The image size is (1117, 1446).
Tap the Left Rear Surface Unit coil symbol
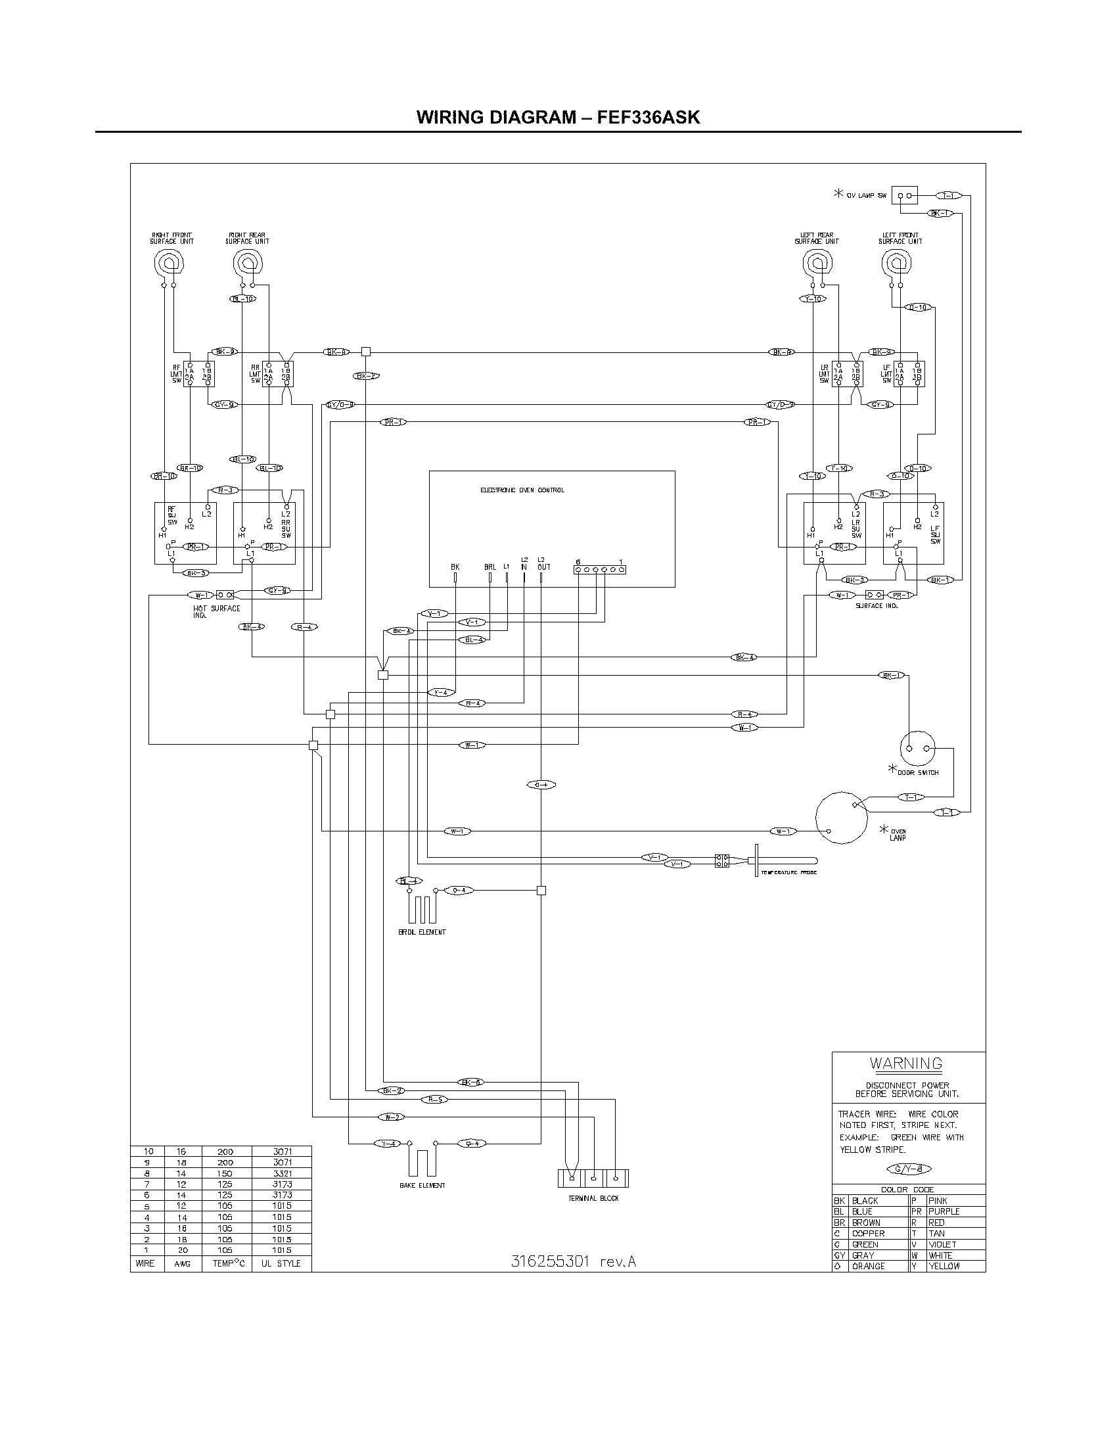(x=817, y=264)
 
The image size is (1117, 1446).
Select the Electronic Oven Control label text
(x=522, y=490)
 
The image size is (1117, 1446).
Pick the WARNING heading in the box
(x=906, y=1064)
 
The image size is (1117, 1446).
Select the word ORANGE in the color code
(x=868, y=1266)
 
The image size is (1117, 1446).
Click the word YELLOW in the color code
(x=944, y=1266)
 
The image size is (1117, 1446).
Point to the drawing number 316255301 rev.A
(x=573, y=1261)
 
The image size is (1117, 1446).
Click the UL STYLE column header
(x=281, y=1263)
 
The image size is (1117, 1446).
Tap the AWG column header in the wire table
(x=182, y=1263)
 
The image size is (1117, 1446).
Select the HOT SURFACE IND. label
(x=216, y=611)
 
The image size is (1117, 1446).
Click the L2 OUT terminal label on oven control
(x=543, y=563)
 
